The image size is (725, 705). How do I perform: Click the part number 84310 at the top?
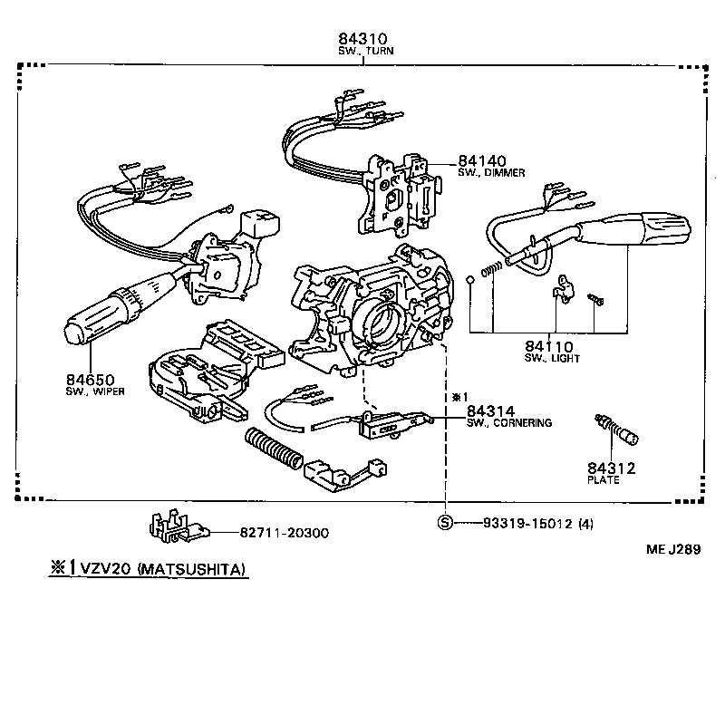click(x=362, y=39)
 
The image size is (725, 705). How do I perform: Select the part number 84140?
click(x=483, y=159)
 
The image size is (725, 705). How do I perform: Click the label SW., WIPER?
click(x=94, y=391)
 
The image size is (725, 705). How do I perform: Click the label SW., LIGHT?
click(x=552, y=359)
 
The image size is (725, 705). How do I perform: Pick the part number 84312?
click(x=610, y=468)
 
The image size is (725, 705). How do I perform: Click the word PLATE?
click(x=604, y=480)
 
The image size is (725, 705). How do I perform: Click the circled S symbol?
click(x=445, y=524)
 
